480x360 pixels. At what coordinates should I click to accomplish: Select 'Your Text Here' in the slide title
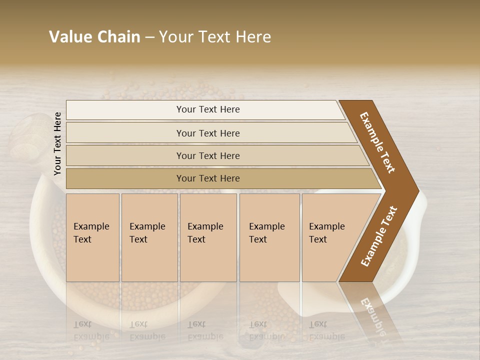[x=215, y=37]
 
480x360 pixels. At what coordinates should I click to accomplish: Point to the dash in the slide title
[x=149, y=37]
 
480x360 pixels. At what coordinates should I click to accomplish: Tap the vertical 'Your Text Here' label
[x=57, y=143]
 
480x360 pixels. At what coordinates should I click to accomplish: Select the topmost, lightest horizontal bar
[x=208, y=109]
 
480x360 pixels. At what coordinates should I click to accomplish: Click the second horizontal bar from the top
[x=208, y=133]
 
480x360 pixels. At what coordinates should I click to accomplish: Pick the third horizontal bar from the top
[x=208, y=155]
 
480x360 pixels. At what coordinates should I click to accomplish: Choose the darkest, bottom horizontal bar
[x=208, y=178]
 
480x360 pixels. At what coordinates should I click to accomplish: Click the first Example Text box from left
[x=92, y=237]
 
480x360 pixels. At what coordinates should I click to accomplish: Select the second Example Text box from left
[x=149, y=237]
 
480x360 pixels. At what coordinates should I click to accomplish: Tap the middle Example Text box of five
[x=208, y=237]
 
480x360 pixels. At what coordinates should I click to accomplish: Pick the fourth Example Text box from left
[x=269, y=237]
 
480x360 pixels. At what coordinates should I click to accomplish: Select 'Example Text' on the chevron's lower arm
[x=379, y=236]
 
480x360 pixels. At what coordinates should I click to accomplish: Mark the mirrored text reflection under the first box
[x=91, y=330]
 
